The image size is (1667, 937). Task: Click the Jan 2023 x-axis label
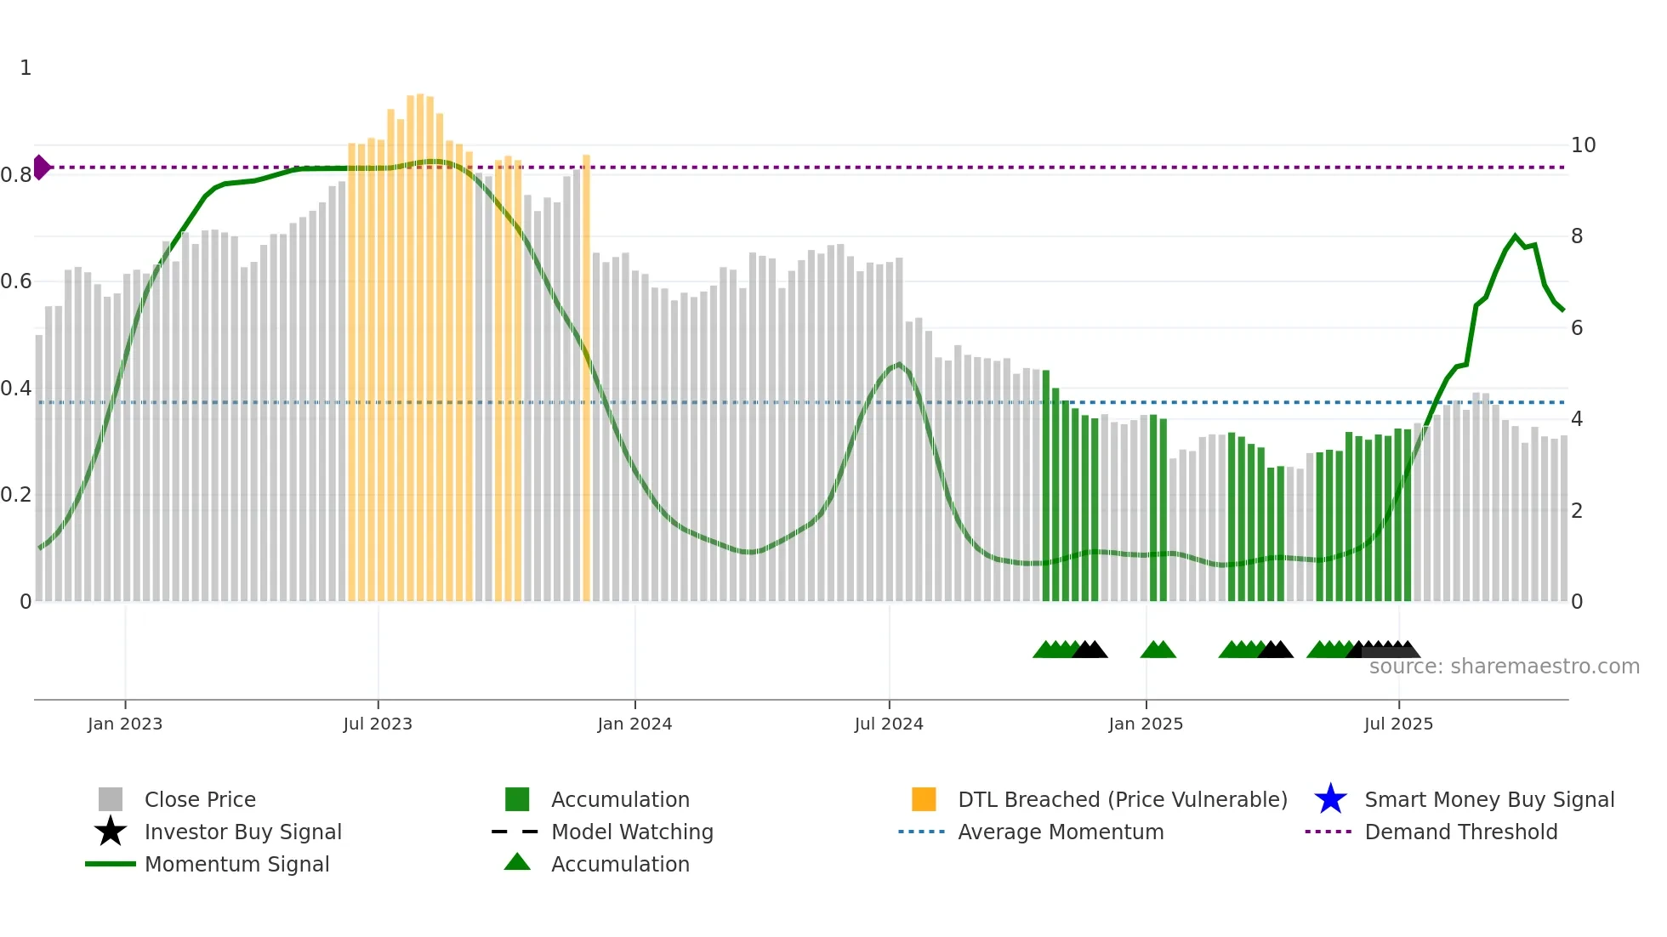pos(124,724)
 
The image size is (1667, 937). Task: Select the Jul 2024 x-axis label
pos(888,724)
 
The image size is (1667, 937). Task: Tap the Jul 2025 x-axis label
pos(1398,724)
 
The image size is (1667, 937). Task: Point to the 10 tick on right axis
pos(1583,145)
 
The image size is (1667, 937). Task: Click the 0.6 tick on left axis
pos(16,281)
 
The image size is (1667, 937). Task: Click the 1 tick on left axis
pos(26,68)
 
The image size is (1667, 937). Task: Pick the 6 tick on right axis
pos(1577,328)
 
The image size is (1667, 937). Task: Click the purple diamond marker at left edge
pos(41,168)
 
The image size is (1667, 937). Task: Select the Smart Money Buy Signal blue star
pos(1330,799)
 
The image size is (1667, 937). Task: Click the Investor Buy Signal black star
pos(111,832)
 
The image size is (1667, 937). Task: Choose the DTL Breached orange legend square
pos(924,799)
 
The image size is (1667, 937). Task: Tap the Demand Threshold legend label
pos(1460,832)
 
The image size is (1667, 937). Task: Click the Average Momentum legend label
pos(1061,832)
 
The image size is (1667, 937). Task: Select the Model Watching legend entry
pos(632,832)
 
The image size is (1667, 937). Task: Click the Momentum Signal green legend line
pos(111,864)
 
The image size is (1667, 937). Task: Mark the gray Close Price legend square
pos(111,799)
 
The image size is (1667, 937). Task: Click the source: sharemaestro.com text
pos(1504,667)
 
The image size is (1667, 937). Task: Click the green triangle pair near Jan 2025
pos(1158,650)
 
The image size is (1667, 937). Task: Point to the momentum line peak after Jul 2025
pos(1515,236)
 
